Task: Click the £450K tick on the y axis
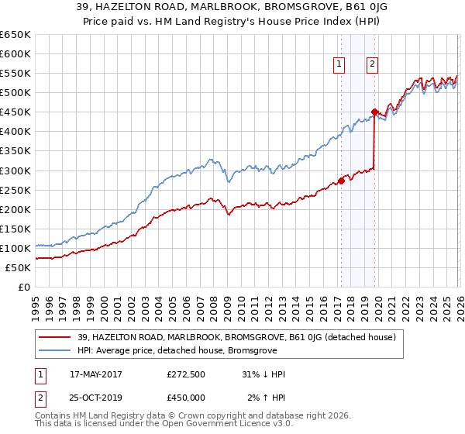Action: click(x=15, y=112)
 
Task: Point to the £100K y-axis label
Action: click(x=15, y=248)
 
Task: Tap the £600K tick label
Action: click(x=15, y=54)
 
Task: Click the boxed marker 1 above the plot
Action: click(x=339, y=65)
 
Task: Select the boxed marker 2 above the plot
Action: click(x=373, y=65)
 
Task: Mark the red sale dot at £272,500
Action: click(x=341, y=181)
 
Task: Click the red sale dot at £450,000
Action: click(x=374, y=112)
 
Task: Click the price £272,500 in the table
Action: click(x=186, y=374)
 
